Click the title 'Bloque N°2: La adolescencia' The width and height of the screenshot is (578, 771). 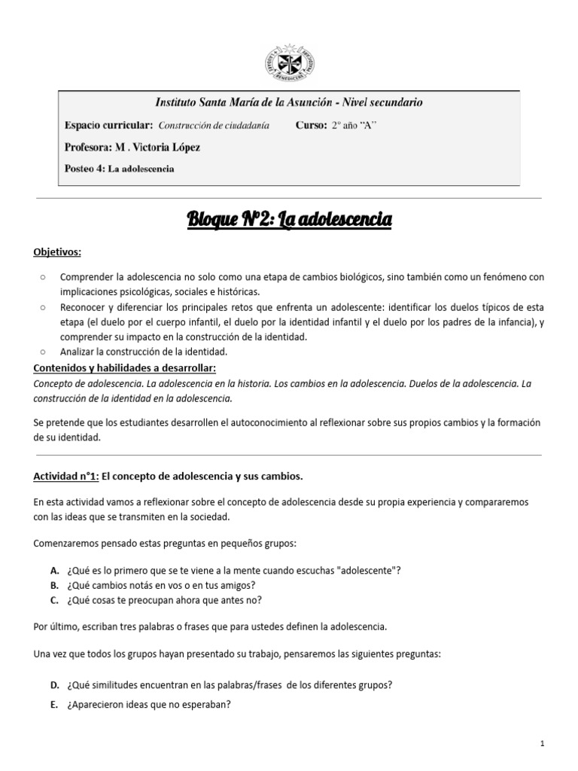(x=289, y=220)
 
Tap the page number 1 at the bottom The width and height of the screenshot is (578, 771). (x=542, y=743)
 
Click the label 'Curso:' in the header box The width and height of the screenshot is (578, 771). (x=311, y=126)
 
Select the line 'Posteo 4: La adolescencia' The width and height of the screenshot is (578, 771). (x=120, y=169)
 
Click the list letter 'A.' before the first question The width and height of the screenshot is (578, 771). (x=55, y=570)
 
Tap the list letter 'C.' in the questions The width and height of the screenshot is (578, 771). (x=55, y=600)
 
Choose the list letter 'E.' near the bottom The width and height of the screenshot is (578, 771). (x=55, y=705)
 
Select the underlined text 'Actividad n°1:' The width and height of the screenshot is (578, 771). (x=66, y=476)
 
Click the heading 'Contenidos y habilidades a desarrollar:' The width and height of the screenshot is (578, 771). (x=125, y=367)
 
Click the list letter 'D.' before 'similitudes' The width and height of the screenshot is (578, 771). (x=55, y=684)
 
